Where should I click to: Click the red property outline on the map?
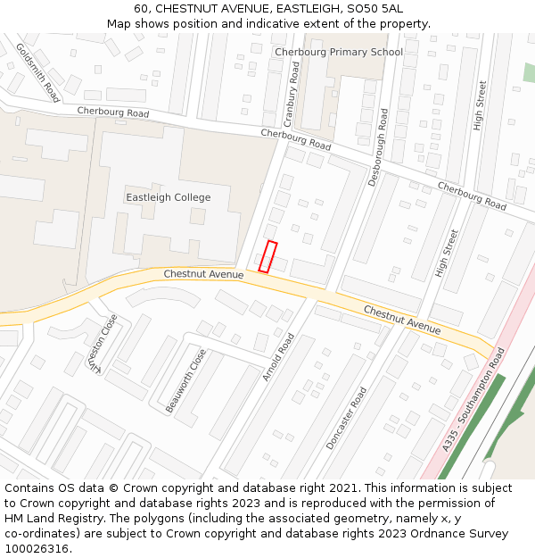coord(267,256)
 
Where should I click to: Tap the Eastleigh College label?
coord(168,197)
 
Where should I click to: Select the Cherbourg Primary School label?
coord(339,52)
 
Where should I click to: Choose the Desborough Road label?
coord(379,147)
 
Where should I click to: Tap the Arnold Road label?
coord(278,357)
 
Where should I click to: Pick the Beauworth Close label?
coord(185,380)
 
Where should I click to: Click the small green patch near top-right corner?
coord(529,72)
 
